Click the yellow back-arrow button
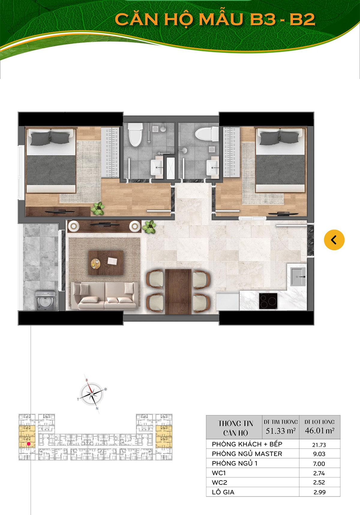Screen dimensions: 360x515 coord(334,240)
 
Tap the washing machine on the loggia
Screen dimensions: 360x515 coord(45,300)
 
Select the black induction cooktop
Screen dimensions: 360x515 coord(268,300)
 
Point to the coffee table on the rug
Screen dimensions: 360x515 coord(106,263)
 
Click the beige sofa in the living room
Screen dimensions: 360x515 coord(105,296)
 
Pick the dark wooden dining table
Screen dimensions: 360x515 coord(178,291)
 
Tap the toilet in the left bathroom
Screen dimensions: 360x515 coord(135,134)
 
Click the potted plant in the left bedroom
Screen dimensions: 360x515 coord(97,208)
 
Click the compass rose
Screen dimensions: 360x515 coord(92,393)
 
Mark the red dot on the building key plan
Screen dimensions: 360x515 coord(29,444)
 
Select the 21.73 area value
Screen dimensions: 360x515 coord(319,445)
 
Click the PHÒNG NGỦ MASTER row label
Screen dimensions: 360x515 coord(247,454)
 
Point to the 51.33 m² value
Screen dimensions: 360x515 coord(280,431)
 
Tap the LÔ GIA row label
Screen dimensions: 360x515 coord(223,492)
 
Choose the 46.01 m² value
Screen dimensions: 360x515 coord(319,431)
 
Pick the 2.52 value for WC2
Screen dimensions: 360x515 coord(319,483)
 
